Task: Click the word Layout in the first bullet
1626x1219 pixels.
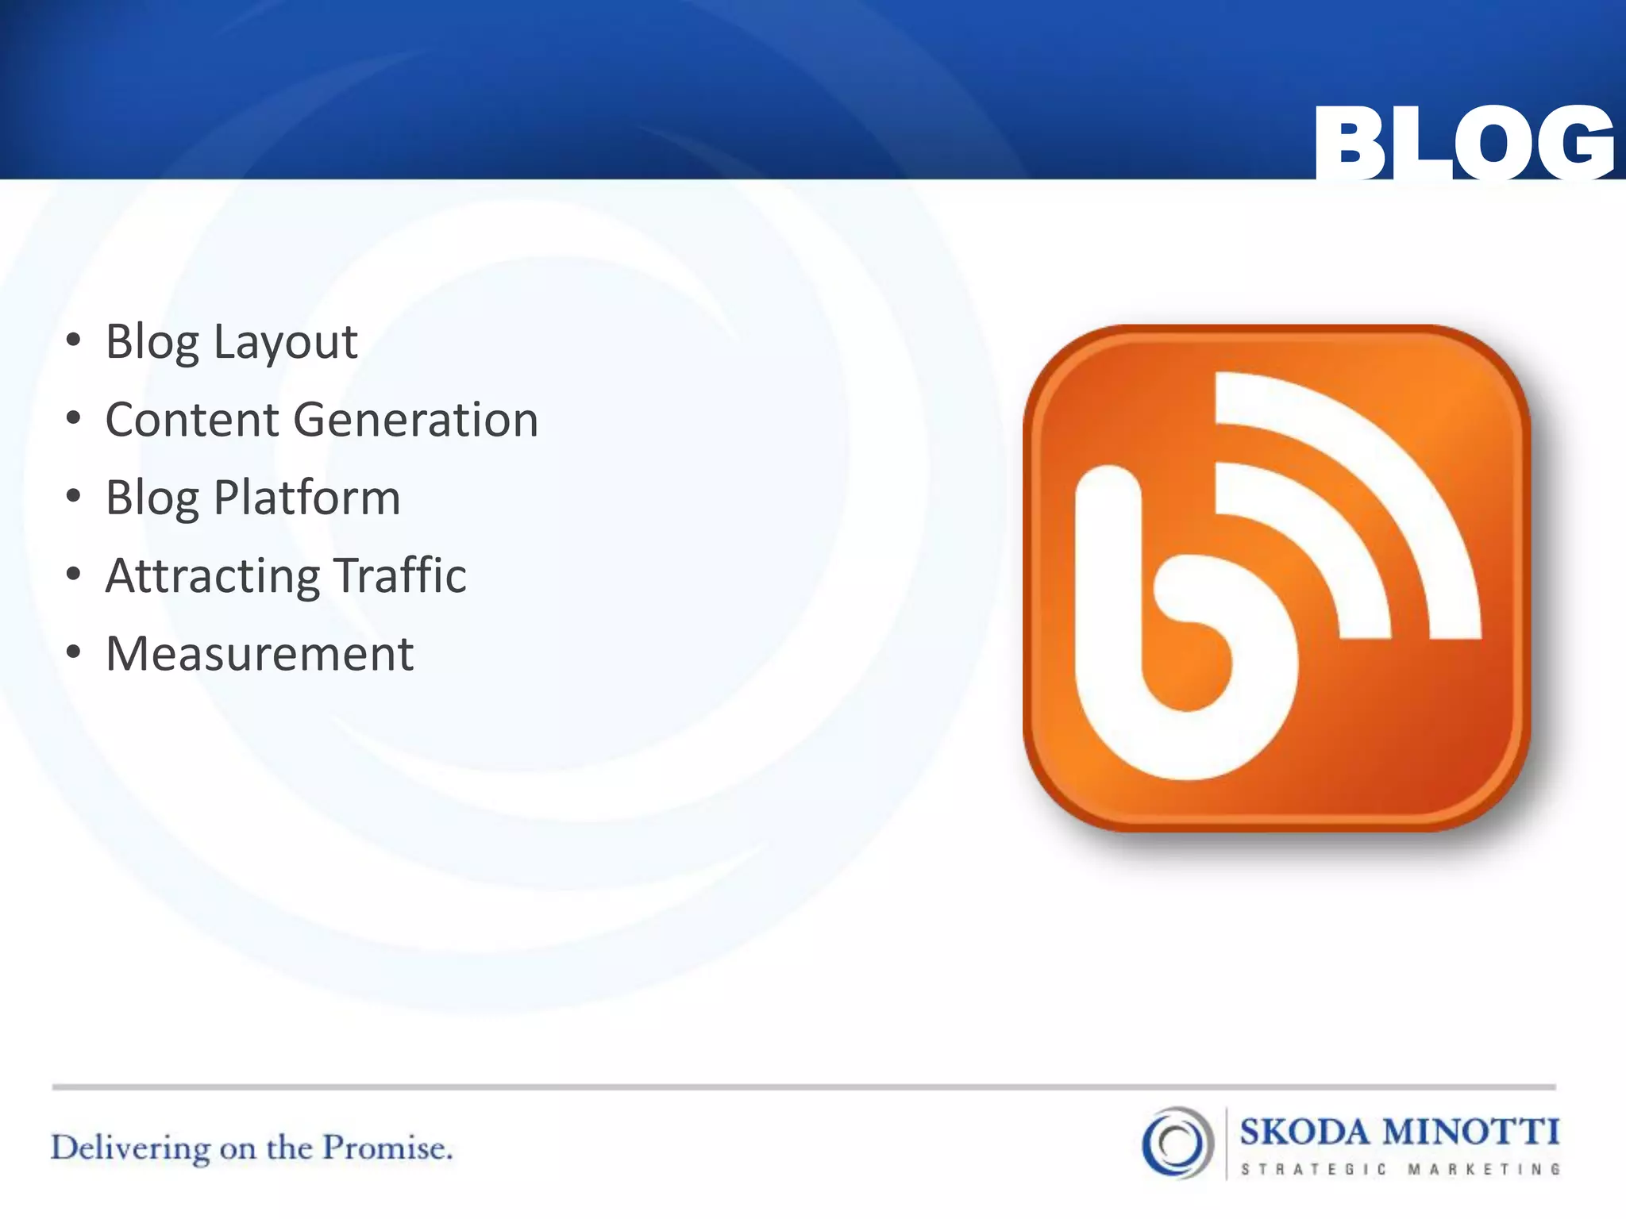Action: [x=285, y=343]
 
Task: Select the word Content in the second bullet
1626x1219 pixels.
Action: [x=191, y=420]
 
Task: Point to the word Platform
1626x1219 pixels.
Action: [x=306, y=498]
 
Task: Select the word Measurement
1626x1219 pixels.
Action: [x=259, y=654]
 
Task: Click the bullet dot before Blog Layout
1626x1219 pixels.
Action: [x=74, y=340]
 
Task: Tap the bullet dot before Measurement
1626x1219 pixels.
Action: [x=74, y=652]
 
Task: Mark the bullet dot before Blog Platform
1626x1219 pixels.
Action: [x=74, y=496]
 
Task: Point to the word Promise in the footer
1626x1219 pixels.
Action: [x=387, y=1148]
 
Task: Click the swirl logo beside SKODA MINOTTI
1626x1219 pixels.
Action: [x=1177, y=1143]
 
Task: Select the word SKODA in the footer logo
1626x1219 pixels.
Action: [x=1304, y=1132]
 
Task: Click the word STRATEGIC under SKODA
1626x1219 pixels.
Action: [x=1313, y=1169]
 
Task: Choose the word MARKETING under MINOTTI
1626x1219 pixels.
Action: [x=1484, y=1169]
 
